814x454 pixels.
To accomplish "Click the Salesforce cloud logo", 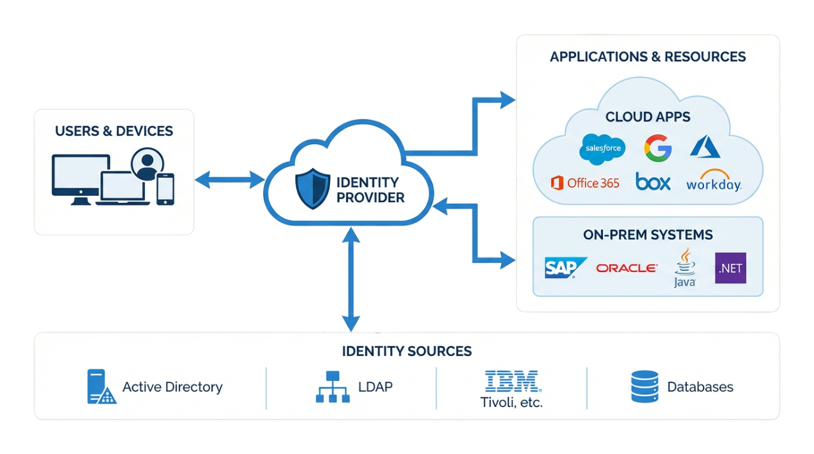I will coord(602,149).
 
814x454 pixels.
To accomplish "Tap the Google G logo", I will coord(658,148).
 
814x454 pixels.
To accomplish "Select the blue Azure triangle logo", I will coord(705,147).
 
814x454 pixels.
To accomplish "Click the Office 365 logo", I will coord(584,183).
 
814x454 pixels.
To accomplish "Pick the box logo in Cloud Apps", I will coord(653,182).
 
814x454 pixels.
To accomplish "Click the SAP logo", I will coord(563,268).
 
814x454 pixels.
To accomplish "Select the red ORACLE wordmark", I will coord(626,268).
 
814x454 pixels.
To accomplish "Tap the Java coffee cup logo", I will coord(684,268).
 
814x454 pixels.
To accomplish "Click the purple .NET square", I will coord(731,268).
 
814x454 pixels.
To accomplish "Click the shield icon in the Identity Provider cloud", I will coord(312,189).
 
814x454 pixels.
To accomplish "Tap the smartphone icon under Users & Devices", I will coord(165,189).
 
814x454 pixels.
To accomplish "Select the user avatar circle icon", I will coord(147,164).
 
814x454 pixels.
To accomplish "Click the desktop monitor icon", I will coord(76,179).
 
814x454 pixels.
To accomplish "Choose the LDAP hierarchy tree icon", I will coord(333,387).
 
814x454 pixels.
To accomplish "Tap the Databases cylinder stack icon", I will coord(644,387).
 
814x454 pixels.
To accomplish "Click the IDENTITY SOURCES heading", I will coord(407,351).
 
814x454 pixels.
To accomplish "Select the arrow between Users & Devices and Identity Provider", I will coord(230,180).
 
